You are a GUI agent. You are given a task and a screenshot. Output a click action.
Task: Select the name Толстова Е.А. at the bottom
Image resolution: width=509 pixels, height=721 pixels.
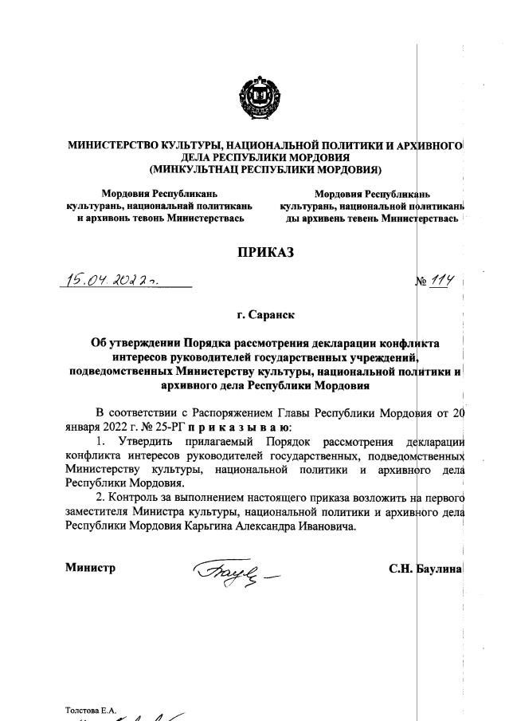tap(92, 709)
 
